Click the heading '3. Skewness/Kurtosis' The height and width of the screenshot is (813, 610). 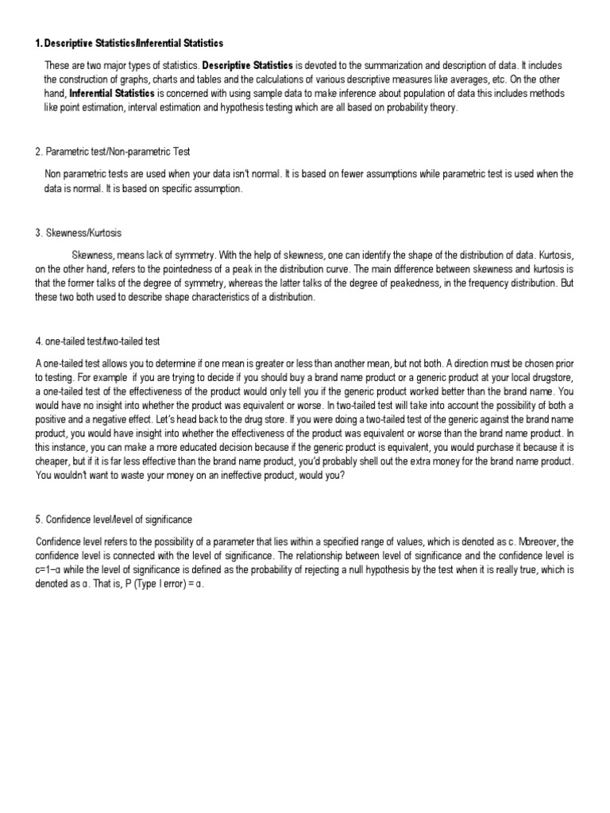(x=78, y=233)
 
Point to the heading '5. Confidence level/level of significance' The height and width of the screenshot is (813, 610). (x=114, y=519)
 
